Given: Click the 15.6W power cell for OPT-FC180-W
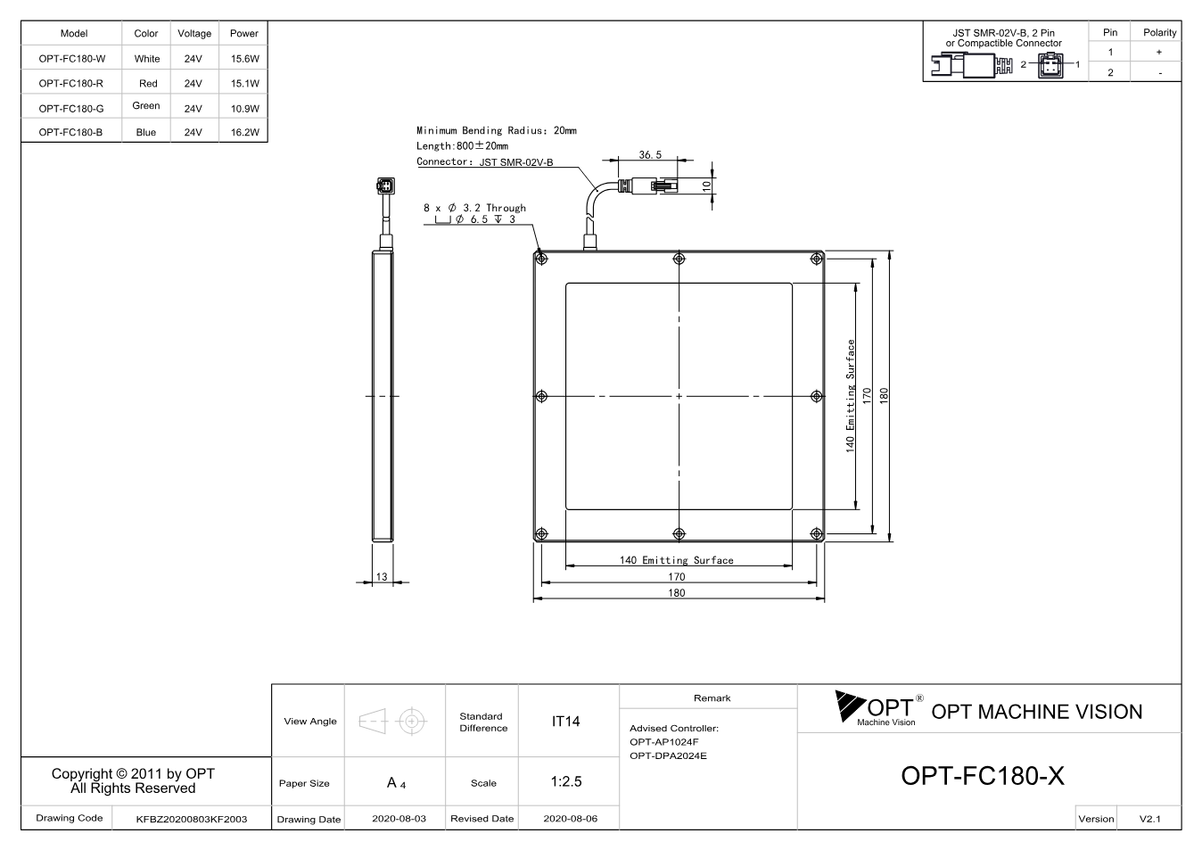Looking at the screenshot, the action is [244, 59].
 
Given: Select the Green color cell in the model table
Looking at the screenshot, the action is [146, 106].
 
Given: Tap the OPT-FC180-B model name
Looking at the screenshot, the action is [70, 132].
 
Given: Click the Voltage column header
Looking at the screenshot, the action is [194, 33].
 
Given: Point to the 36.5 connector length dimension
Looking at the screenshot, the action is [650, 154].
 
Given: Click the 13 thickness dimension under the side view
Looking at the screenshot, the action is [382, 576].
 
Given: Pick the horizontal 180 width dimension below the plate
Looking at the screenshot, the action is [676, 592].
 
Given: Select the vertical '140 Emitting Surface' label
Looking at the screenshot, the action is [850, 396].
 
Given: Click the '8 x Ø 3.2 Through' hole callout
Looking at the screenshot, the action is [474, 208].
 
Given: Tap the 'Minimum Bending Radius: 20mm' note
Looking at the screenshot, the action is [497, 130].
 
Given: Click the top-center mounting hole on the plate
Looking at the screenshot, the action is [679, 259].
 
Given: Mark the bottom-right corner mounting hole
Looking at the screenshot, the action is [816, 533].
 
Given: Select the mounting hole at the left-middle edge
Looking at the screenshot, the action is [541, 396].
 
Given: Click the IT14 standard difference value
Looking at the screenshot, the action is [565, 722].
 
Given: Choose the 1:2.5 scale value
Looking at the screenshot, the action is [566, 781].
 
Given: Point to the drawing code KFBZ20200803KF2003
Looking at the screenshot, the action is [192, 819].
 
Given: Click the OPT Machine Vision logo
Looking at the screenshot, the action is [879, 708].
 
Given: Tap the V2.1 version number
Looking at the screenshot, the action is [1150, 819].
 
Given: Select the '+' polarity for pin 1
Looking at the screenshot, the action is [1159, 52].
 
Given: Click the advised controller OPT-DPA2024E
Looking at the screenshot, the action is [668, 755].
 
